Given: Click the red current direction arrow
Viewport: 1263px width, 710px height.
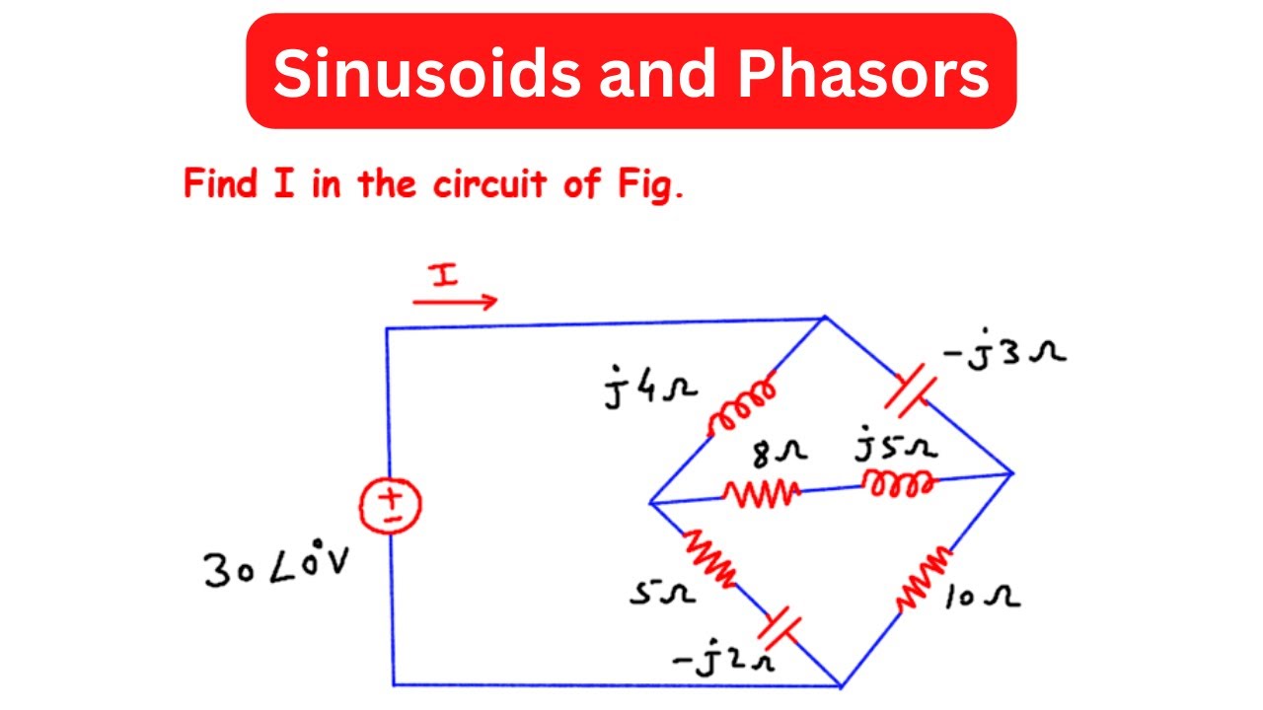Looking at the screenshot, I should [455, 301].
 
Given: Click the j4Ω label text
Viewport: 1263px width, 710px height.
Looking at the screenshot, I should [652, 388].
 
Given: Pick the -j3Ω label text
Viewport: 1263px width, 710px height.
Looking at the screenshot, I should [1003, 354].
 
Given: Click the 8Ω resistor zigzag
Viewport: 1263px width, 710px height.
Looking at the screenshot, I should [759, 492].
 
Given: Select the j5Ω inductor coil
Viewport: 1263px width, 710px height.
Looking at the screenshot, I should [897, 482].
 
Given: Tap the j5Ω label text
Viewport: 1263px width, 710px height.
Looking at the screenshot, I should [897, 449].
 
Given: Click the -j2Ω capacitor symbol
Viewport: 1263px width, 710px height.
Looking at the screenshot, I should [780, 623].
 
